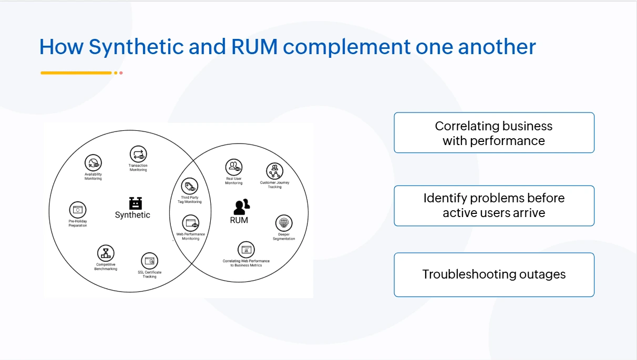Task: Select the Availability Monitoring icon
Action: [93, 163]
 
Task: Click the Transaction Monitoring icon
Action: [138, 155]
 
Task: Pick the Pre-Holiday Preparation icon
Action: [78, 210]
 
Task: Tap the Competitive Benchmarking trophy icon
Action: [106, 253]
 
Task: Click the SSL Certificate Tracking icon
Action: [150, 261]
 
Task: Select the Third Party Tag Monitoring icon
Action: [190, 186]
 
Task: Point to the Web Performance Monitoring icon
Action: [190, 223]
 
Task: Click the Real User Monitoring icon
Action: [234, 168]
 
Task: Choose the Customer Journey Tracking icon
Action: [274, 171]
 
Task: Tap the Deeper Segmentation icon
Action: [284, 222]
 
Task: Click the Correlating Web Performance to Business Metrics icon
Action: [246, 250]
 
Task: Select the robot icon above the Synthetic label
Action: [136, 203]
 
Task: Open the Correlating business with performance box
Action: [494, 133]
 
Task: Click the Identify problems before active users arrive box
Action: [494, 205]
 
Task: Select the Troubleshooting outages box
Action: [494, 274]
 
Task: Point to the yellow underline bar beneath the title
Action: [76, 73]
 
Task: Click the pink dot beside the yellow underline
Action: [121, 73]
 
